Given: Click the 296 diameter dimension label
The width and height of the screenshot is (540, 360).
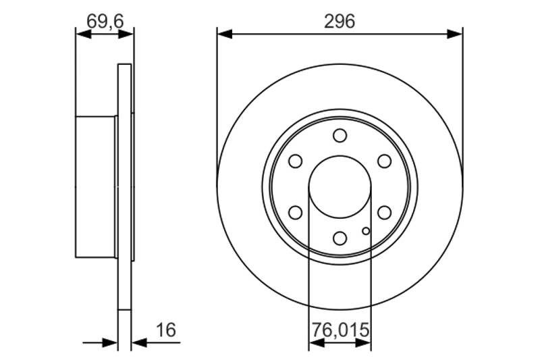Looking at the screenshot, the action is [340, 22].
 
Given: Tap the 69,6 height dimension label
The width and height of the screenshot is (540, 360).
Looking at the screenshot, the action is [105, 22].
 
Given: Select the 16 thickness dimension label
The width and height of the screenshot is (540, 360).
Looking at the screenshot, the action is [166, 330].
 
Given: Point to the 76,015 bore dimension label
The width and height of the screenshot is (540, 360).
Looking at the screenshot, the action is [340, 330].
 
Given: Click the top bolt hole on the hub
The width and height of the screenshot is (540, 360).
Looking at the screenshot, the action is [340, 135].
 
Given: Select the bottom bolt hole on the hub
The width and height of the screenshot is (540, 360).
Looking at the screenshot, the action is [340, 238].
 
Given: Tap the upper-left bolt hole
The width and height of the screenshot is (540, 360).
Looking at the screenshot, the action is [296, 161].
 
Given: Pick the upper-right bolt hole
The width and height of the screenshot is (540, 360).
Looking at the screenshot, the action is [384, 161].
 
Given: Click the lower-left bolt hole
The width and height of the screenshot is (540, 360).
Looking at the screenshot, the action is [296, 213].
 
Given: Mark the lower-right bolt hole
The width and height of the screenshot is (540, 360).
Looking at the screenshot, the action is [384, 213].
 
